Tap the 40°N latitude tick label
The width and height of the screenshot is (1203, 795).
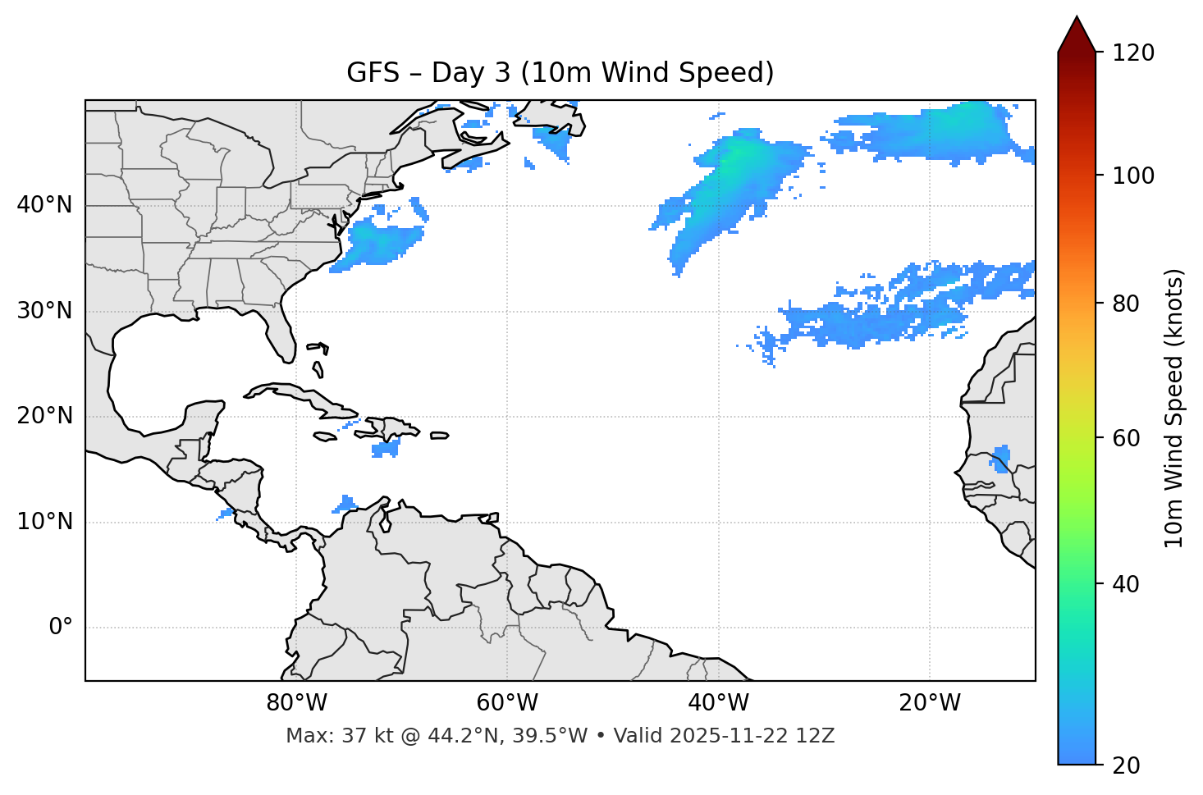coord(44,205)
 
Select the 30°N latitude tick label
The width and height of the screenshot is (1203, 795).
coord(44,311)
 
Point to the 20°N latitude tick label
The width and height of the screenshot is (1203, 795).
coord(44,416)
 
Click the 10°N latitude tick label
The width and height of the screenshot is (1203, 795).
coord(44,522)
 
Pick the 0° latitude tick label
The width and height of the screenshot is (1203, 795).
coord(61,628)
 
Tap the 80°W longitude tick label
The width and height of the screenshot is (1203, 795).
coord(296,703)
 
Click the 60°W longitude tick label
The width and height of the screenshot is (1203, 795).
coord(507,703)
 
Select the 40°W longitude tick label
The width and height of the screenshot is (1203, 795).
coord(718,703)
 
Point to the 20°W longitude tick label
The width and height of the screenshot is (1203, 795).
coord(929,703)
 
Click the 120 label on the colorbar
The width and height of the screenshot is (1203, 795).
coord(1133,53)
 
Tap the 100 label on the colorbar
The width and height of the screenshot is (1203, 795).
coord(1133,176)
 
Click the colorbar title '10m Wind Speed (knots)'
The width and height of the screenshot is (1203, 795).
coord(1174,408)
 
